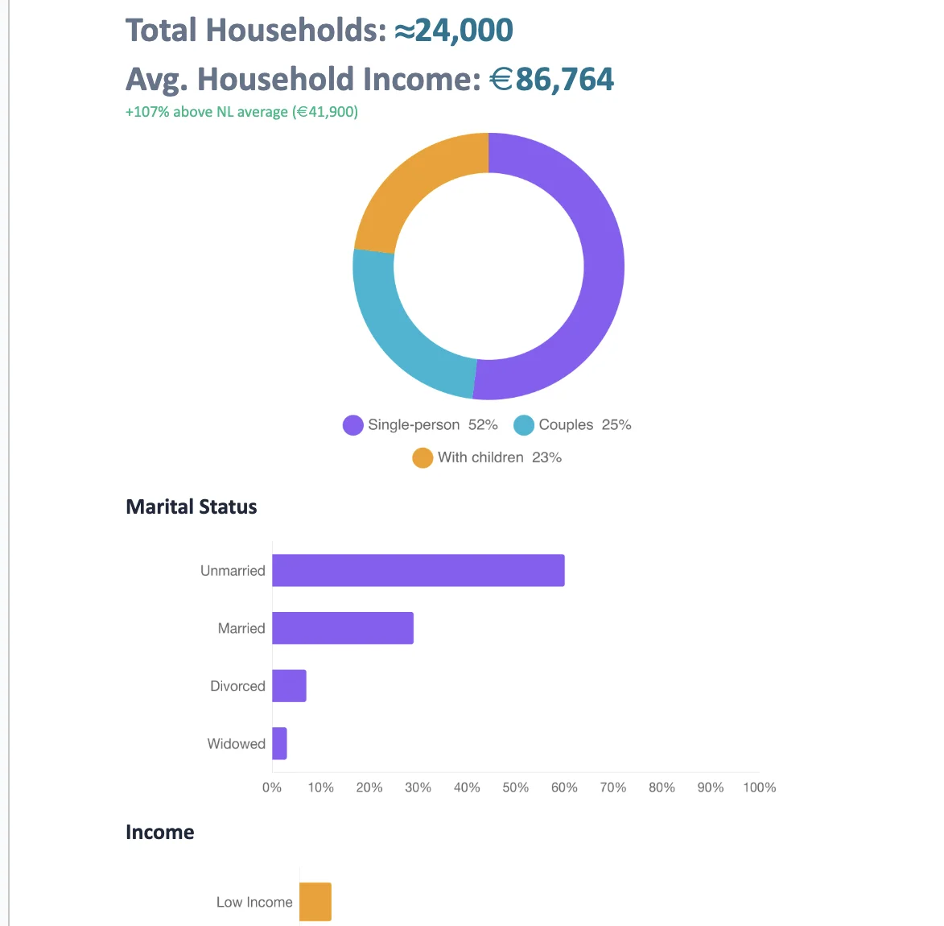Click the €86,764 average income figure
pos(552,80)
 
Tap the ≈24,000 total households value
pos(454,31)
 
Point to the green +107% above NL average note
pos(241,112)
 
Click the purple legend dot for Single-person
pos(353,425)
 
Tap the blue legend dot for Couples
pos(524,425)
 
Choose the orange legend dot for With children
pos(423,458)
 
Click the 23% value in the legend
pos(546,457)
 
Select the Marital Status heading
pos(192,506)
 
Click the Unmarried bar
pos(418,570)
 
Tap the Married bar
pos(342,628)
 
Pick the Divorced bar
pos(289,686)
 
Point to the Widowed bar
pos(279,743)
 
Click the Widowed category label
pos(236,744)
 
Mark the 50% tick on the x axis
pos(516,788)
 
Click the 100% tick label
pos(759,788)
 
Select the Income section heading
pos(159,832)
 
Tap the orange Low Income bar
pos(315,902)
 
